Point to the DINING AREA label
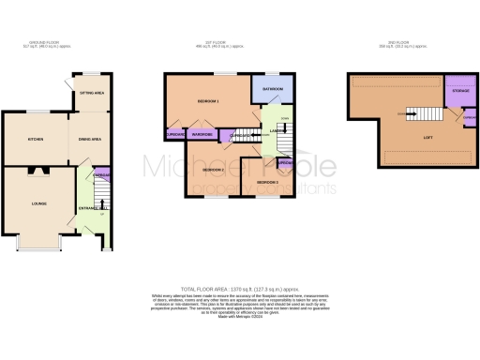tap(88, 139)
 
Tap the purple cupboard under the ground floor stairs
tap(102, 174)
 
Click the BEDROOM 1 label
tap(206, 101)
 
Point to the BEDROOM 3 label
tap(266, 181)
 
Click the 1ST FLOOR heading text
tap(217, 43)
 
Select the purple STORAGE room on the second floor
tap(459, 91)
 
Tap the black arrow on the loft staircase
tap(405, 113)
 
